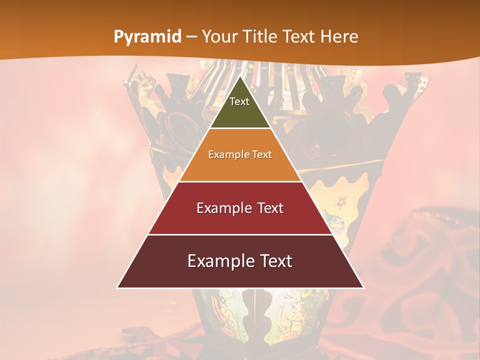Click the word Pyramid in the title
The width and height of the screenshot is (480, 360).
pyautogui.click(x=147, y=37)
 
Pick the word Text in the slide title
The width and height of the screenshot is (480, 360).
pyautogui.click(x=299, y=36)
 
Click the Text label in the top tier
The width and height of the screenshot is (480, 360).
pyautogui.click(x=239, y=101)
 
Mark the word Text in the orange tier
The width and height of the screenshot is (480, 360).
pyautogui.click(x=262, y=154)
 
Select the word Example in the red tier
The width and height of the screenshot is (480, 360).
pyautogui.click(x=224, y=208)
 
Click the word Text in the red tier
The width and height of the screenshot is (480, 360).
pyautogui.click(x=270, y=208)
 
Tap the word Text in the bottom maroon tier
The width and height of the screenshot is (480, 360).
pyautogui.click(x=275, y=261)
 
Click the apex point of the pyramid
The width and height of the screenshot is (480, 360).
pyautogui.click(x=240, y=76)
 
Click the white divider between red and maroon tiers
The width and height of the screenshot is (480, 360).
pyautogui.click(x=240, y=234)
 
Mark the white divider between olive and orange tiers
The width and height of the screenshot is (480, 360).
pyautogui.click(x=240, y=128)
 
